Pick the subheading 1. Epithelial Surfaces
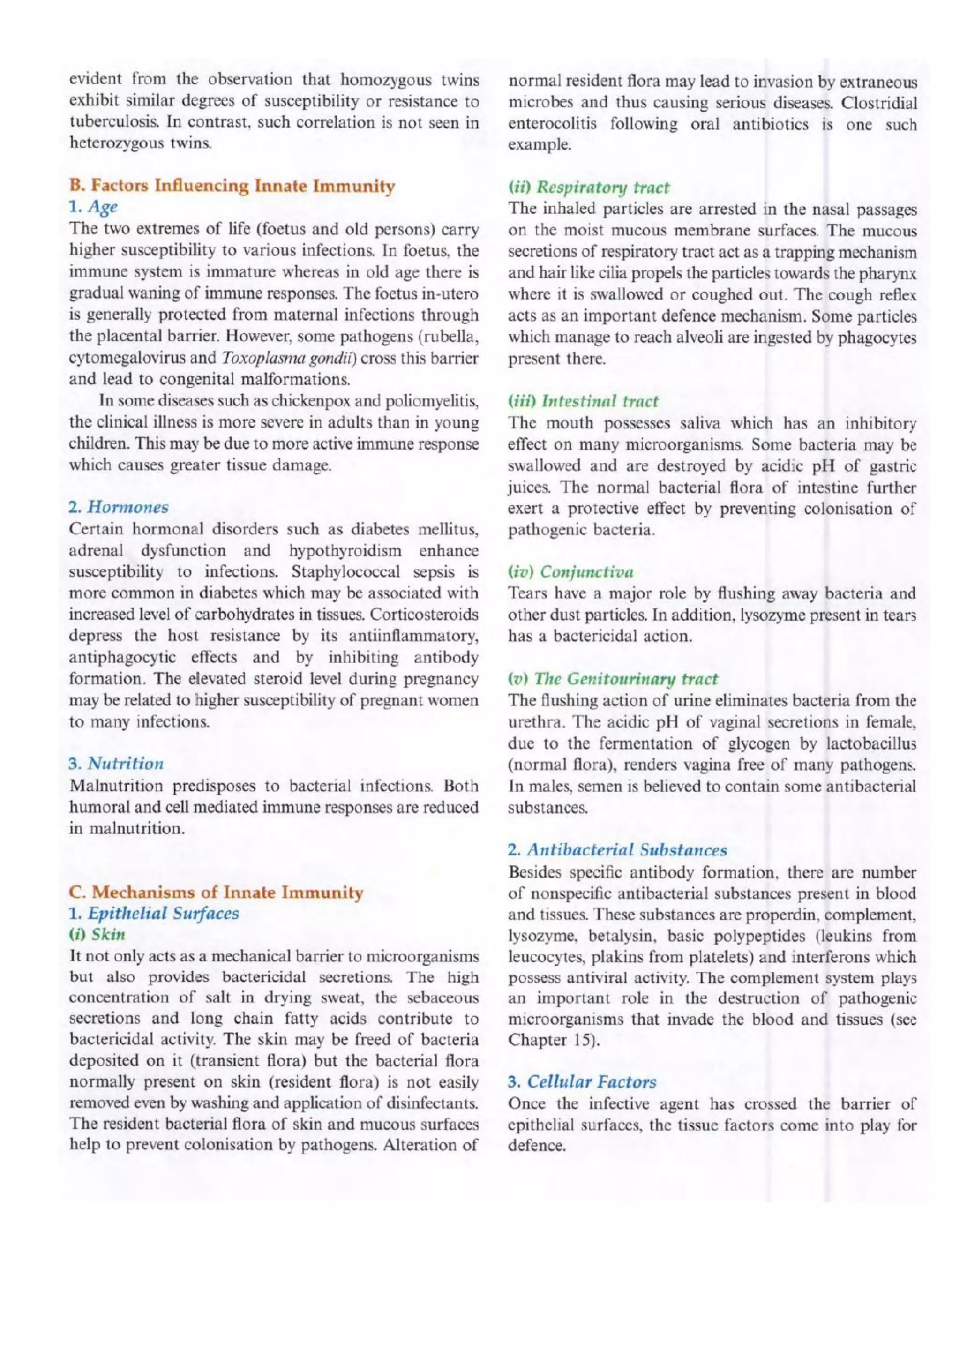pyautogui.click(x=154, y=913)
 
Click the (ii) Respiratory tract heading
pyautogui.click(x=589, y=188)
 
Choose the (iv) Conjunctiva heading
pyautogui.click(x=571, y=572)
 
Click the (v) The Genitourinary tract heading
pyautogui.click(x=613, y=678)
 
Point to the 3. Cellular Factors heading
pyautogui.click(x=582, y=1082)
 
